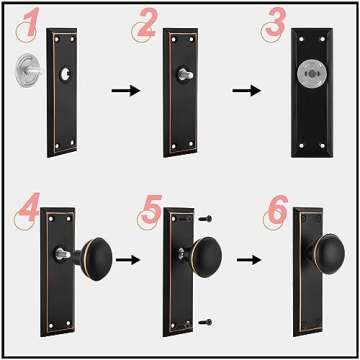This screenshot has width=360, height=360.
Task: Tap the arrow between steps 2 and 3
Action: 243,90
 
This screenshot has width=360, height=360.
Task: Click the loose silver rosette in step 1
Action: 28,74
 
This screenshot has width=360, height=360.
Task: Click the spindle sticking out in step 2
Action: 186,73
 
